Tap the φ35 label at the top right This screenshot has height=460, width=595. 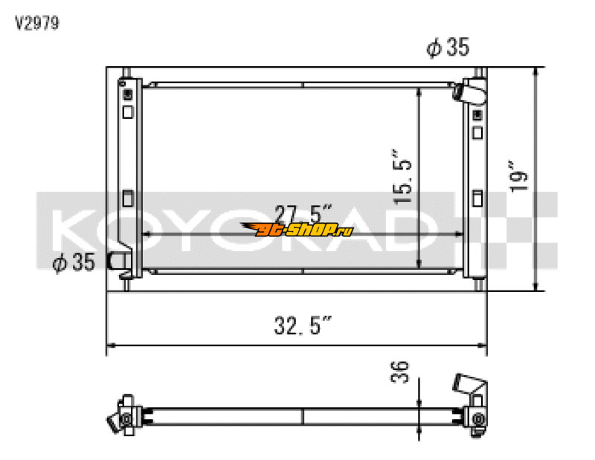(x=448, y=48)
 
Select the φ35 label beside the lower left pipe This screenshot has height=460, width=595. (x=74, y=264)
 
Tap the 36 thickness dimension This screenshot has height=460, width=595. (x=399, y=370)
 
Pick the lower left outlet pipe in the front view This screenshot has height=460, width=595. (x=118, y=261)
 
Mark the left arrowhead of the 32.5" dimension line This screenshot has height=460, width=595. (x=110, y=345)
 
